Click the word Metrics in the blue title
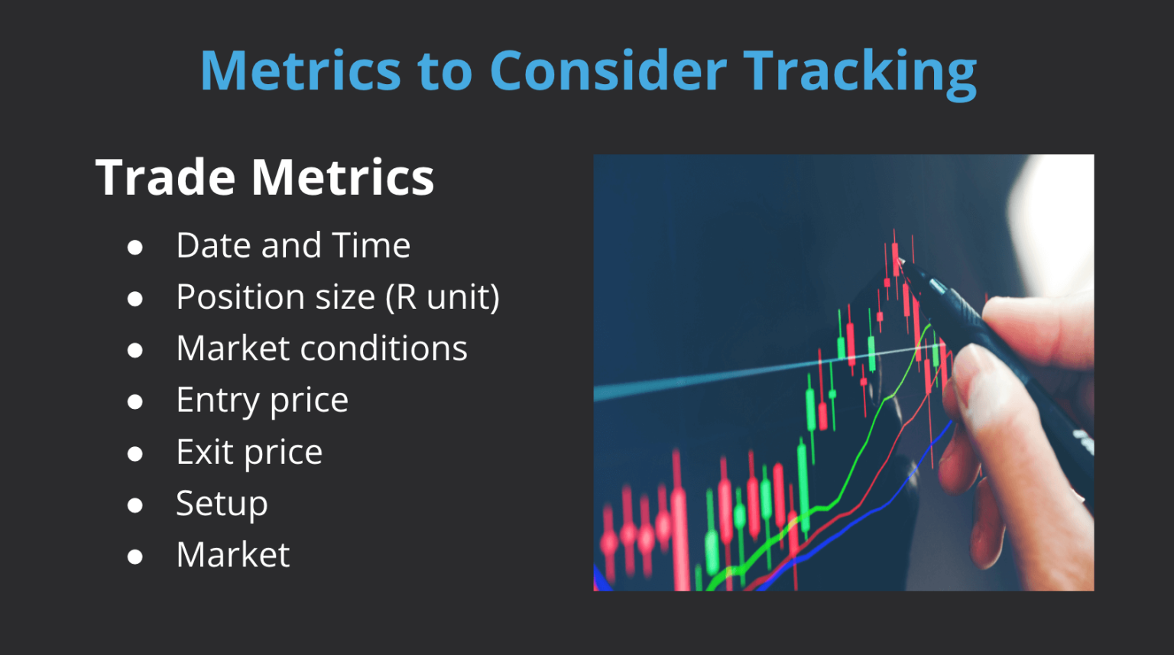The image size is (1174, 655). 300,70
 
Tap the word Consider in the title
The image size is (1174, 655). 608,70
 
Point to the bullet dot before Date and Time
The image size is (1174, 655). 135,247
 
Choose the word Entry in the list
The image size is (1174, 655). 217,400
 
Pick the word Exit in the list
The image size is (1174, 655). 204,452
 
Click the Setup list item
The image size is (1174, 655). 222,504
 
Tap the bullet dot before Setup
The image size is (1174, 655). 135,505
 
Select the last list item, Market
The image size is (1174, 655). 233,555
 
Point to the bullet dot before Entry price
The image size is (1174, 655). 135,402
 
